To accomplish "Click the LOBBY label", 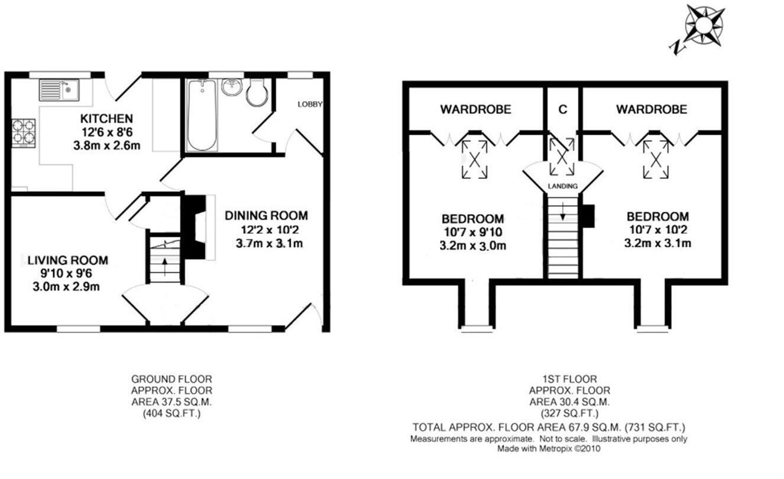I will tap(310, 105).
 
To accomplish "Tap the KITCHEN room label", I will tap(106, 119).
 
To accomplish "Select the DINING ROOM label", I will tap(266, 216).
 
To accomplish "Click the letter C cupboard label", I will tap(563, 109).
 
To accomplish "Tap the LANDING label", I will tap(563, 186).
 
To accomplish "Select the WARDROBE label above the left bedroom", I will tap(475, 109).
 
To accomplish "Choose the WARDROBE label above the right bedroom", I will tap(652, 109).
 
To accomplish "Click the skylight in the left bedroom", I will tap(475, 158).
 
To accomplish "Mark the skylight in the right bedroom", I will tap(655, 158).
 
